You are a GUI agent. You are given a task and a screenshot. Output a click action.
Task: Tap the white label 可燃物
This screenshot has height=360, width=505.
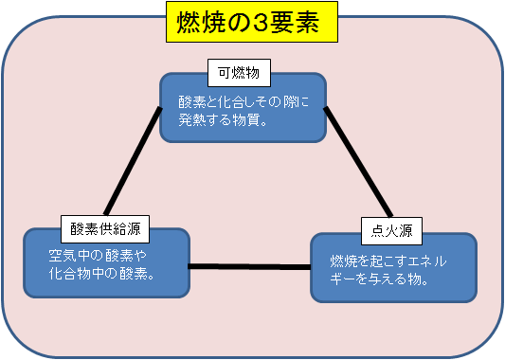click(240, 71)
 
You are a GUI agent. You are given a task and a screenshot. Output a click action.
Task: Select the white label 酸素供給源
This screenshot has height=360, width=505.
click(104, 227)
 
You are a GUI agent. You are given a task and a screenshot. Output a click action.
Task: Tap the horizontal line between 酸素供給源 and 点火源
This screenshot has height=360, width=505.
click(248, 266)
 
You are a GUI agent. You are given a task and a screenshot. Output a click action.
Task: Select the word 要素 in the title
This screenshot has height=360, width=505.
click(308, 23)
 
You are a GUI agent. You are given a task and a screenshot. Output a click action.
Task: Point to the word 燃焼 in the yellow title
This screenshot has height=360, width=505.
click(202, 23)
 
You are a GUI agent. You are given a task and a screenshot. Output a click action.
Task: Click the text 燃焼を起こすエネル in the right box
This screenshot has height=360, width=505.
click(388, 261)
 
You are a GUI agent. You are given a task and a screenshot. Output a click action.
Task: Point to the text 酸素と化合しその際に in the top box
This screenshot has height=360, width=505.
click(244, 100)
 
